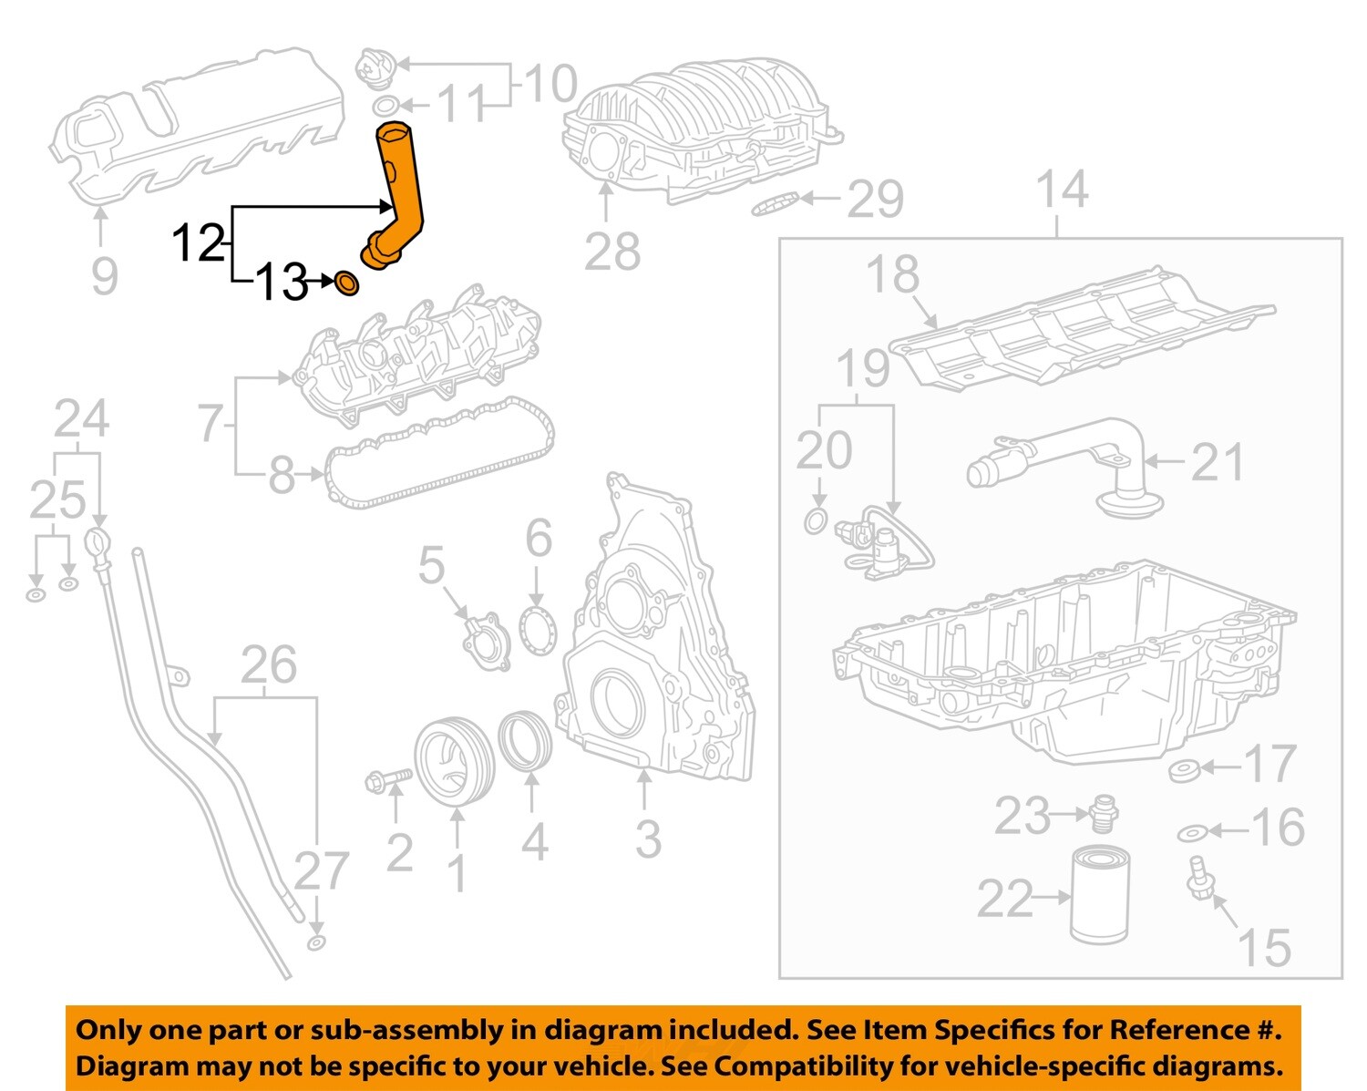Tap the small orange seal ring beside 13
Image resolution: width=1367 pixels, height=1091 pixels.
click(x=347, y=283)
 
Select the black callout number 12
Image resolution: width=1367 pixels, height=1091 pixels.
click(x=198, y=244)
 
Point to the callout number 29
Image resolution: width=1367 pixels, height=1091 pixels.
click(x=875, y=200)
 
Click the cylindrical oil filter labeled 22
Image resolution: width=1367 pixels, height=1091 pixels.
click(x=1099, y=895)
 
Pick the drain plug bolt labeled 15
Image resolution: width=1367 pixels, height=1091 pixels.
click(x=1198, y=878)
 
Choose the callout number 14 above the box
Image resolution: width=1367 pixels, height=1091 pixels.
click(x=1062, y=190)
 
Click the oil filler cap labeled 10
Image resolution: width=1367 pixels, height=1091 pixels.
click(x=374, y=67)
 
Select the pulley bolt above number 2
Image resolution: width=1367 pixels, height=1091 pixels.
click(x=386, y=780)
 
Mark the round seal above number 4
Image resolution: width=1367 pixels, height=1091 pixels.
click(x=526, y=742)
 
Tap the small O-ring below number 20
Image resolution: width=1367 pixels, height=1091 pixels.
click(x=817, y=522)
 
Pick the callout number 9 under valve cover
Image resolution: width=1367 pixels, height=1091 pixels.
click(x=104, y=275)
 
